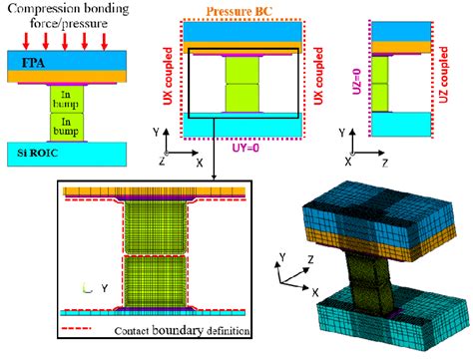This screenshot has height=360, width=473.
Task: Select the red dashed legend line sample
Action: pyautogui.click(x=83, y=328)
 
